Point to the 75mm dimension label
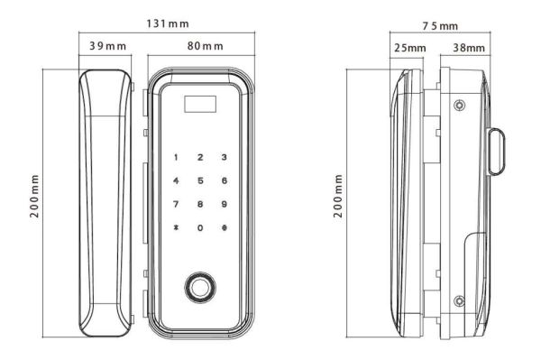[x=438, y=26]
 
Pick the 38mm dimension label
[x=469, y=47]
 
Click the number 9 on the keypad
[x=223, y=205]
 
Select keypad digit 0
[x=199, y=228]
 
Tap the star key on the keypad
[x=176, y=228]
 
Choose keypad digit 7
[x=176, y=205]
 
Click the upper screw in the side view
[x=460, y=106]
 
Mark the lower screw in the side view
[x=460, y=300]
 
